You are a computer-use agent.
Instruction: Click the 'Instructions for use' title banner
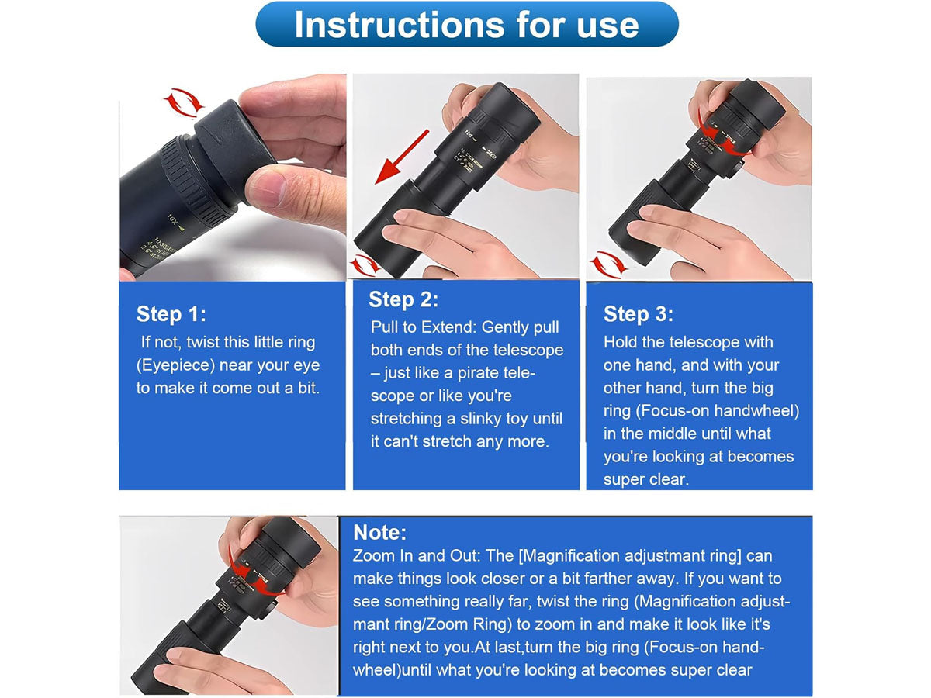[x=466, y=24]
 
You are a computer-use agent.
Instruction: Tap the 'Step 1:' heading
[x=171, y=314]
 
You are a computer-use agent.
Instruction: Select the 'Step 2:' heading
[x=403, y=299]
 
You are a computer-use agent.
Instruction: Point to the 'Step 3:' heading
[x=639, y=314]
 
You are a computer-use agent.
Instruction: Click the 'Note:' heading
[x=379, y=532]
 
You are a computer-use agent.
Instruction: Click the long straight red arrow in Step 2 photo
[x=402, y=157]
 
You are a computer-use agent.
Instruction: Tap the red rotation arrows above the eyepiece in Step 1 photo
[x=184, y=103]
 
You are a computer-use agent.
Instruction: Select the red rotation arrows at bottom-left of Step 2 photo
[x=365, y=265]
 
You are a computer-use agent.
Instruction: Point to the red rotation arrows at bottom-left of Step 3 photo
[x=608, y=264]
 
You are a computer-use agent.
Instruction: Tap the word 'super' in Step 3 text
[x=622, y=480]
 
